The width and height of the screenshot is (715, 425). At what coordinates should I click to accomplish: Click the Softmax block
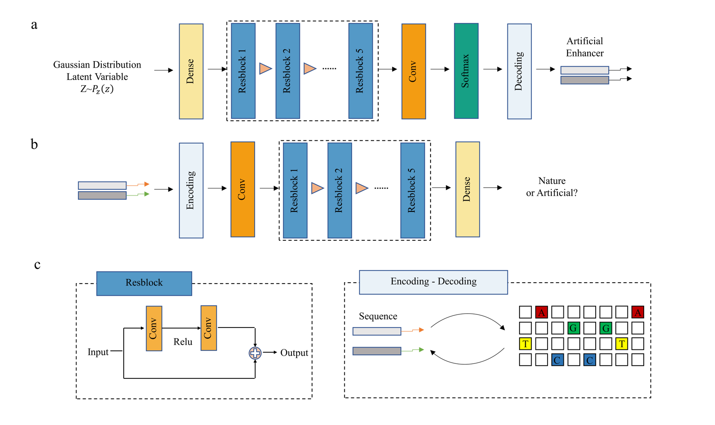466,71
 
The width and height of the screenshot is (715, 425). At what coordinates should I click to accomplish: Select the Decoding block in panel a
519,71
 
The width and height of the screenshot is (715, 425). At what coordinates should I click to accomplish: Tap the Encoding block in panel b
191,190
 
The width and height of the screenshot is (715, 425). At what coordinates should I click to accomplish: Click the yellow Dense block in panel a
191,71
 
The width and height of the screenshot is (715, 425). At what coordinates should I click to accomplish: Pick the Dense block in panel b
467,189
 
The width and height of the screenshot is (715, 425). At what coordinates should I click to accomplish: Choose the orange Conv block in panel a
413,71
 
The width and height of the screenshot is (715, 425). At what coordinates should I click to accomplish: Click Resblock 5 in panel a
361,71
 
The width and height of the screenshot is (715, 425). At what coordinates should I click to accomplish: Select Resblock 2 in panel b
340,190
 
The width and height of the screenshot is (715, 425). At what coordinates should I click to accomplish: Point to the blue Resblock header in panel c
144,283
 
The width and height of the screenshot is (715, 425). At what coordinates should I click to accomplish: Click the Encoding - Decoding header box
433,282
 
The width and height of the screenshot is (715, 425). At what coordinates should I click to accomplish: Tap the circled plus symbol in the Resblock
255,353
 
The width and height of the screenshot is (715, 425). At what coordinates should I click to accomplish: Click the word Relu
183,342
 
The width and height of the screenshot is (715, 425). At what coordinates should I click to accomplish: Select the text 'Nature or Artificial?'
552,187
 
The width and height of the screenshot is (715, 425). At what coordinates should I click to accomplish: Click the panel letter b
34,144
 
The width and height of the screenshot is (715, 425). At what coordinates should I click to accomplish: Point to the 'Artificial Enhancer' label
584,47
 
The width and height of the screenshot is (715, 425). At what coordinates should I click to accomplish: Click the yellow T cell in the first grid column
525,344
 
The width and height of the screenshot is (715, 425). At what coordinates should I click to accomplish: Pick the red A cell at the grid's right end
638,312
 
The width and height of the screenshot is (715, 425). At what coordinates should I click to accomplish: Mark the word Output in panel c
294,353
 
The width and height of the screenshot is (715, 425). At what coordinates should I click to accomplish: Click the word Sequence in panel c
378,316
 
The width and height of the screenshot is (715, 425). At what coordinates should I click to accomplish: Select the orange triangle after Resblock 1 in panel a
265,69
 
